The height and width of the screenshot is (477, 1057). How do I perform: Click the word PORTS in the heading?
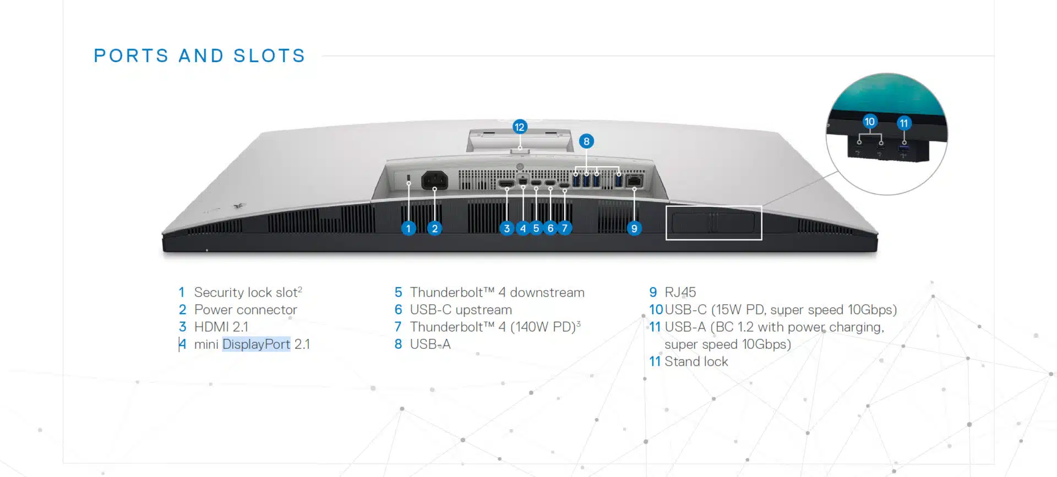[x=131, y=56]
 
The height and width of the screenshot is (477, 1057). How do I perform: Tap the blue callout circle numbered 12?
[x=519, y=127]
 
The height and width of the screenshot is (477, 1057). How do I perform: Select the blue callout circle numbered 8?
[x=586, y=141]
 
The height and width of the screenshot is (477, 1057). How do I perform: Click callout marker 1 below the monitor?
[x=408, y=228]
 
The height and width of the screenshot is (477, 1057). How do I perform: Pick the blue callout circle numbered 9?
[x=634, y=228]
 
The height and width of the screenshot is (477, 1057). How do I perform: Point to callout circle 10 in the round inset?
[x=869, y=122]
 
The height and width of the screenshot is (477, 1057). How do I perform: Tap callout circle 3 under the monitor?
[x=506, y=228]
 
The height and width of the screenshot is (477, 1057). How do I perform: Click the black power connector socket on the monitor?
[x=434, y=180]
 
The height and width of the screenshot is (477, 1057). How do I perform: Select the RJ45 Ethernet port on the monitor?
[x=634, y=180]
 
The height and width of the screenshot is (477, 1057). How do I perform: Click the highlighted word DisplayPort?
[x=256, y=344]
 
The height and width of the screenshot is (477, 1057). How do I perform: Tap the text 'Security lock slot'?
[x=246, y=292]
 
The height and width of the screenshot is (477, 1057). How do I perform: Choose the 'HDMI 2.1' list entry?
[x=221, y=327]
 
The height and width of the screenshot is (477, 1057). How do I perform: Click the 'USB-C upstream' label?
[x=461, y=310]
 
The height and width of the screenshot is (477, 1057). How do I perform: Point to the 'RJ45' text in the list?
[x=680, y=292]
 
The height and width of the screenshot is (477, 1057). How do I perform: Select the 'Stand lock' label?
[x=696, y=361]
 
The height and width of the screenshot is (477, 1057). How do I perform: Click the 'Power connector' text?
[x=246, y=310]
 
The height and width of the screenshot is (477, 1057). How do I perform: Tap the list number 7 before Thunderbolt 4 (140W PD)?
[x=398, y=327]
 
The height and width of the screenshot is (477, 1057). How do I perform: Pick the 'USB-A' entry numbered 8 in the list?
[x=430, y=344]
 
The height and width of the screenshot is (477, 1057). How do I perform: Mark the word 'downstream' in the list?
[x=547, y=292]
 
